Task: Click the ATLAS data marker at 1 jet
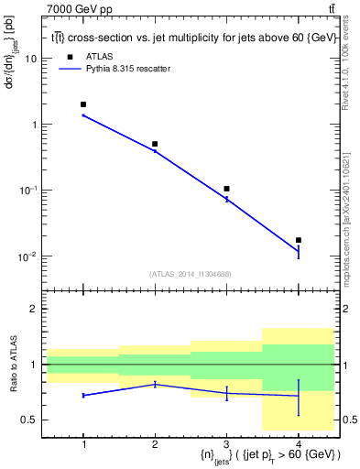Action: (x=83, y=104)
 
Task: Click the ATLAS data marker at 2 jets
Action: (x=155, y=144)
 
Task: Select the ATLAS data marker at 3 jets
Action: (x=226, y=189)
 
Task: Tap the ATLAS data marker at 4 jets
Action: (x=298, y=240)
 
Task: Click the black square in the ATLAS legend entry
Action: (x=69, y=56)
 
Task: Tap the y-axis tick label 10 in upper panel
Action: (x=29, y=58)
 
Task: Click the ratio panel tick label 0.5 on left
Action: (x=28, y=420)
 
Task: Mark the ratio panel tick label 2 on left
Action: (x=33, y=309)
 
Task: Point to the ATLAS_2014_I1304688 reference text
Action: (x=191, y=274)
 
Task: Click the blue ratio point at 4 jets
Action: (x=298, y=396)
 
